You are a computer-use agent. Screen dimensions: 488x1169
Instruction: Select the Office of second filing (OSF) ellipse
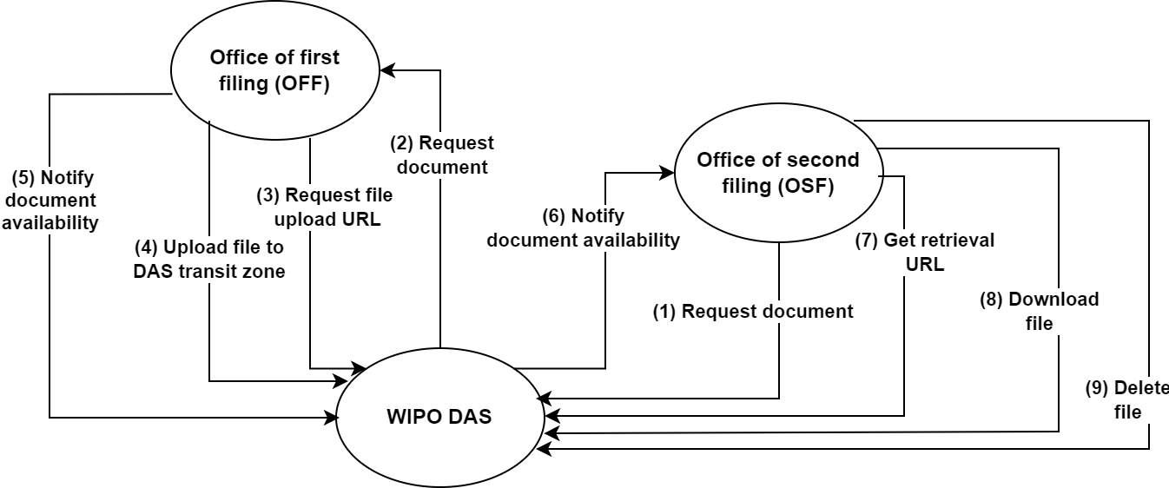click(x=777, y=174)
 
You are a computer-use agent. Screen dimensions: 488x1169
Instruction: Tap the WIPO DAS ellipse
click(x=439, y=417)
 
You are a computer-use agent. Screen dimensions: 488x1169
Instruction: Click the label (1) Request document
click(x=753, y=312)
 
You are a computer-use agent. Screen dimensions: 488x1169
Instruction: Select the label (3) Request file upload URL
click(x=324, y=207)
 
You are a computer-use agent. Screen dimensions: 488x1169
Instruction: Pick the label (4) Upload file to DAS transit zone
click(x=209, y=260)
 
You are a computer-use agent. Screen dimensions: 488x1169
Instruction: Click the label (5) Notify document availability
click(x=50, y=201)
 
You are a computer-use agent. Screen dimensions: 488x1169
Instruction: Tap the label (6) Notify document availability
click(x=583, y=228)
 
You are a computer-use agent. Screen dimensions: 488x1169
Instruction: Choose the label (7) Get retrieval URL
click(x=925, y=252)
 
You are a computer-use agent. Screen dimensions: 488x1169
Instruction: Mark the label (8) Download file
click(x=1039, y=311)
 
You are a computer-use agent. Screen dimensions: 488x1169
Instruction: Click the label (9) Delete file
click(x=1127, y=399)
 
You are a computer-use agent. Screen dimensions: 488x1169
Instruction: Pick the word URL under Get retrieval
click(x=925, y=263)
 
